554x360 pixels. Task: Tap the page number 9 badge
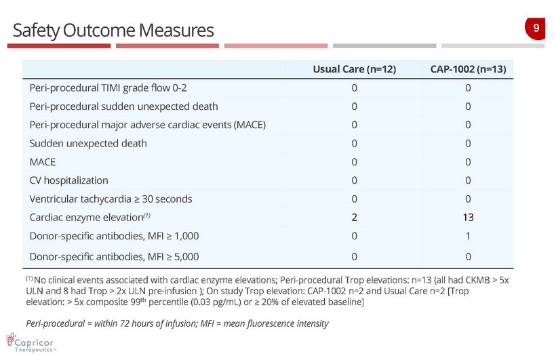click(536, 28)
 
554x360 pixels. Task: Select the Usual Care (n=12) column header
click(354, 69)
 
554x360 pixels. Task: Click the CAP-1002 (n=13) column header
click(469, 69)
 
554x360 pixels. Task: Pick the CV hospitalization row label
click(68, 180)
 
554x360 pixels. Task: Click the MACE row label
click(43, 162)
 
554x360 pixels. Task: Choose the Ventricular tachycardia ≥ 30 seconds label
click(111, 199)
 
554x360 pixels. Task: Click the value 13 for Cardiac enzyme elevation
click(469, 218)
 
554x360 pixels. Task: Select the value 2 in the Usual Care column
click(354, 218)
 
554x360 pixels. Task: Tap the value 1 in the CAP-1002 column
click(469, 236)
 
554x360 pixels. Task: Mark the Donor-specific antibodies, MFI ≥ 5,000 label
click(114, 256)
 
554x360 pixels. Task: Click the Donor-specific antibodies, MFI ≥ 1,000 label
click(114, 236)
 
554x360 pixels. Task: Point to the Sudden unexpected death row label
click(88, 144)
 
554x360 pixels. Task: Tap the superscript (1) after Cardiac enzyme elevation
click(146, 216)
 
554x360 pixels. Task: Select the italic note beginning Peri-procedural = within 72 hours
click(176, 323)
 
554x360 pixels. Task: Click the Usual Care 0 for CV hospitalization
click(354, 180)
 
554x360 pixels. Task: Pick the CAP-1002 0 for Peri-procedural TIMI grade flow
click(469, 88)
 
